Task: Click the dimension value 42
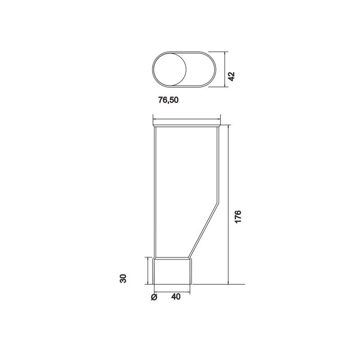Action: click(232, 76)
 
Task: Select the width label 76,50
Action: click(168, 100)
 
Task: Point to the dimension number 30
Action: click(123, 278)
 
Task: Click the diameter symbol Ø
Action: click(154, 297)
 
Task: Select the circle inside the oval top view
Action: click(169, 69)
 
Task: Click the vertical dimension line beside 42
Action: click(225, 69)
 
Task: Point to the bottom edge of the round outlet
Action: click(173, 284)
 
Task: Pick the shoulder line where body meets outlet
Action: click(173, 258)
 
